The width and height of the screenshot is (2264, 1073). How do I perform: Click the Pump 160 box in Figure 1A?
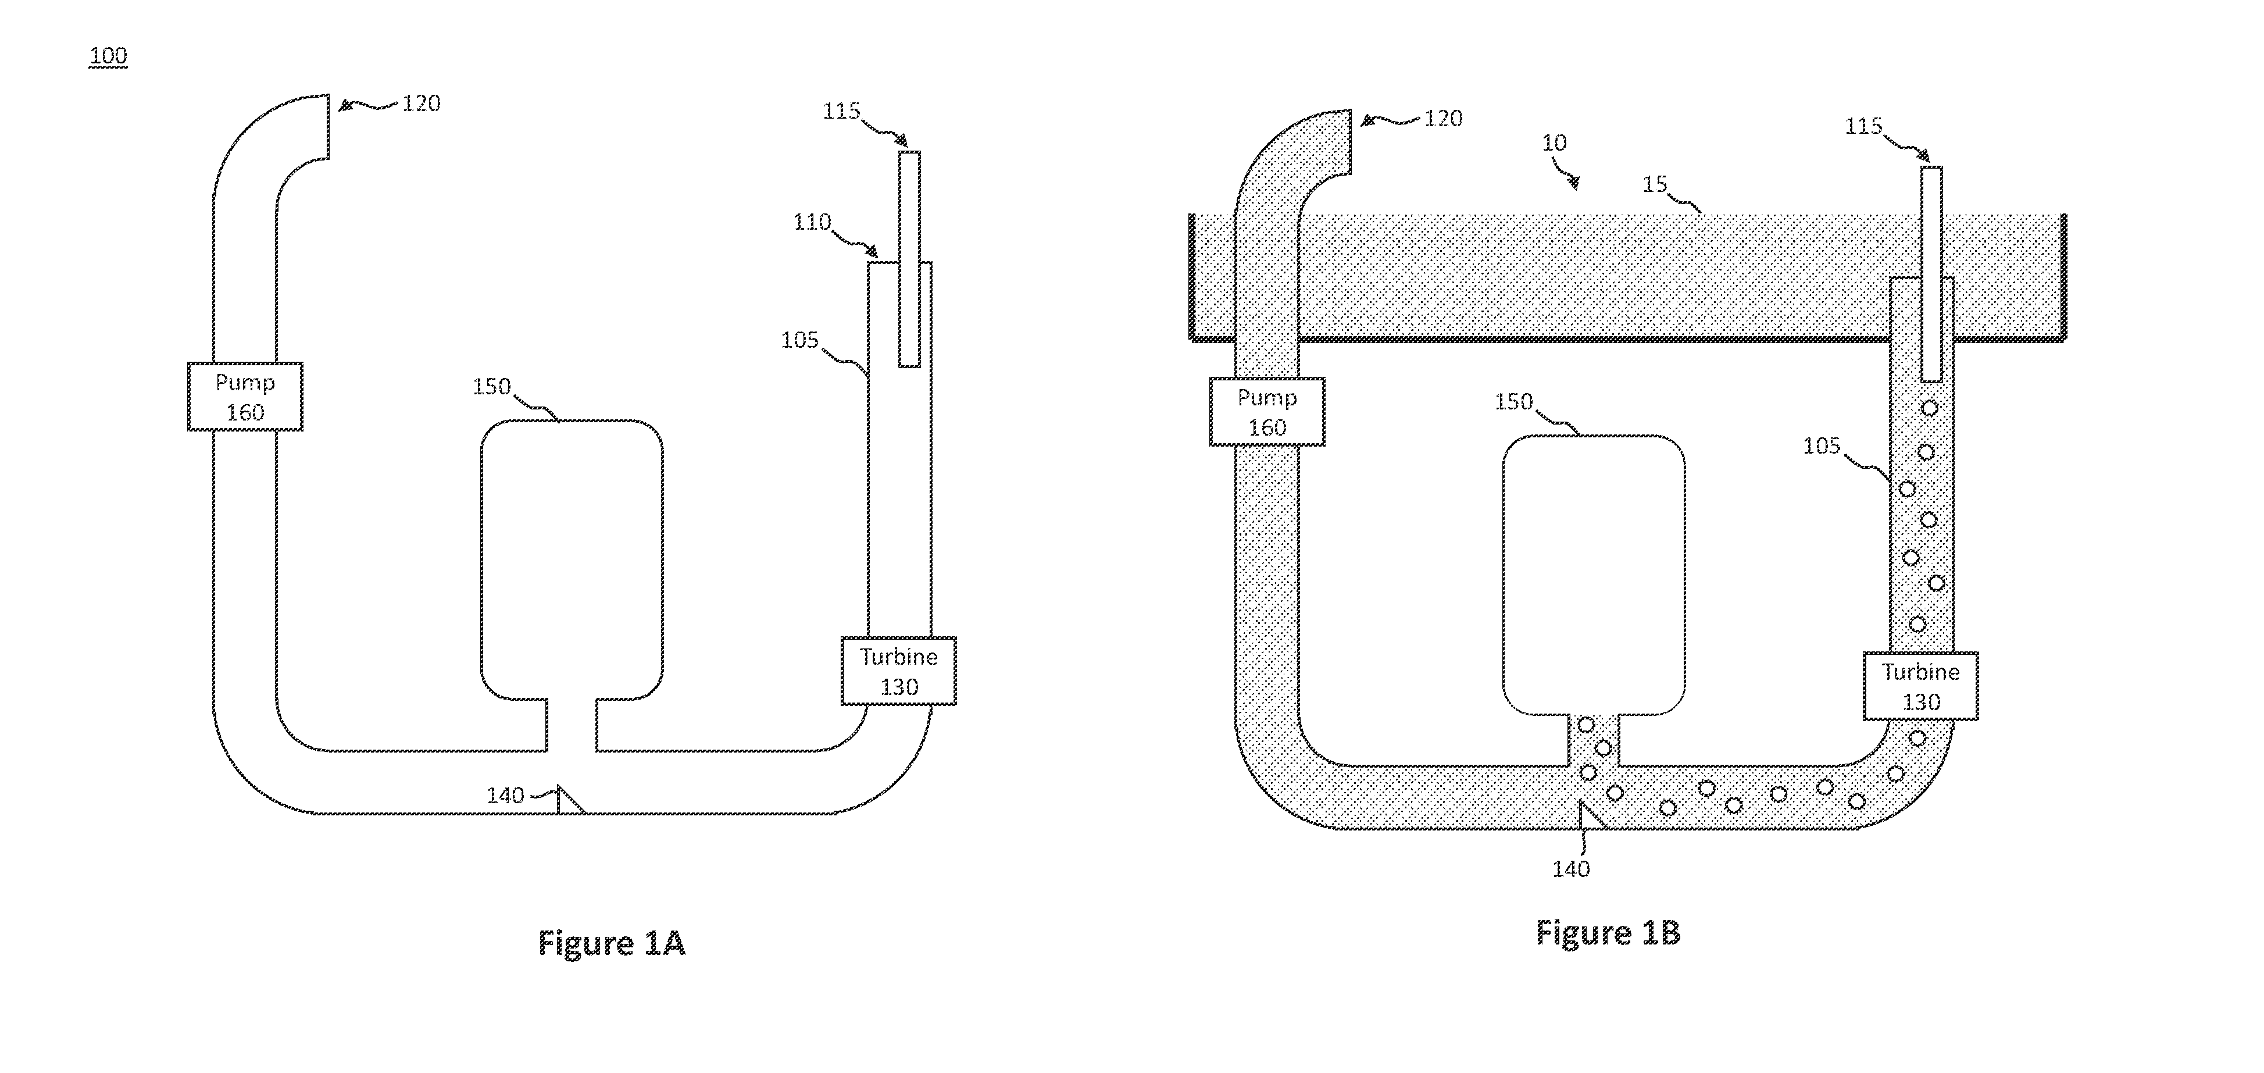pos(245,396)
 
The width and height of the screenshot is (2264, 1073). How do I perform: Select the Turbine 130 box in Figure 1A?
pos(898,671)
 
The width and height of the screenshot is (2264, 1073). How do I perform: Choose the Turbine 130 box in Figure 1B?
pos(1921,686)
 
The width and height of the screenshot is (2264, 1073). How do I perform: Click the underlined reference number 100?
pos(108,55)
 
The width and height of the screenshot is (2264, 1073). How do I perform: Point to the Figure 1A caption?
pos(612,942)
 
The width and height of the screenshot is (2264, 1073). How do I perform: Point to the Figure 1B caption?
pos(1608,932)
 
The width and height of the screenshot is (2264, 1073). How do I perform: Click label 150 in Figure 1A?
pos(491,387)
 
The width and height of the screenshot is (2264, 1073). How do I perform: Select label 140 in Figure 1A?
pos(505,796)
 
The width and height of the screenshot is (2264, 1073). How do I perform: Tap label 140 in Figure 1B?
pos(1570,869)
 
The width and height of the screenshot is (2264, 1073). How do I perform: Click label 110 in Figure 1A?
pos(812,222)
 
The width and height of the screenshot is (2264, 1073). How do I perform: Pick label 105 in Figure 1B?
pos(1821,445)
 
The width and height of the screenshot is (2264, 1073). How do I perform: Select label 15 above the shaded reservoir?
pos(1655,184)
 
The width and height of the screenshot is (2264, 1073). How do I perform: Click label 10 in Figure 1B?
pos(1554,142)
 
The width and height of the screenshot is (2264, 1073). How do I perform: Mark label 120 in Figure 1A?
pos(421,104)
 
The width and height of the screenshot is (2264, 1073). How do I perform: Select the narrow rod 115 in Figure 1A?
pos(910,259)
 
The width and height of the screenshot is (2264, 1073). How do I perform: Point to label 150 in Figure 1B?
pos(1513,402)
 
